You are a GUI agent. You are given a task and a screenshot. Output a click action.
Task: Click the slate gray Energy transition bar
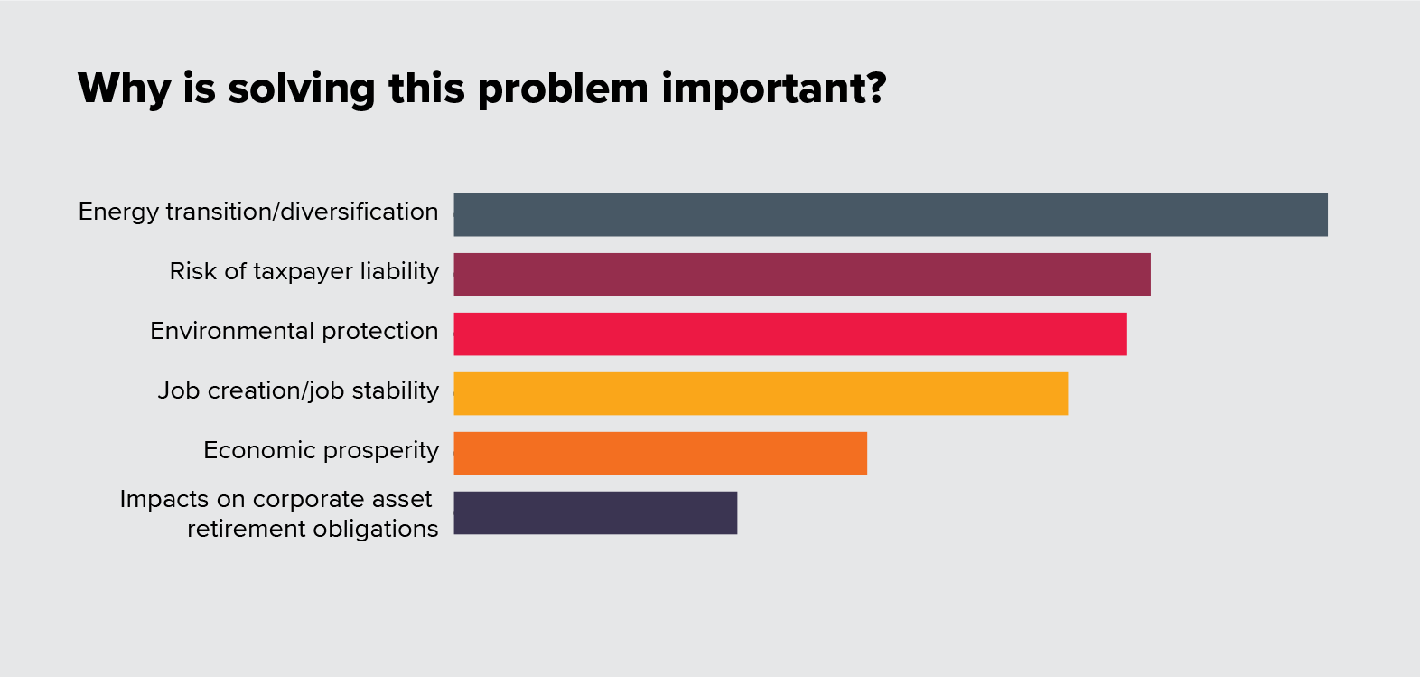pos(891,214)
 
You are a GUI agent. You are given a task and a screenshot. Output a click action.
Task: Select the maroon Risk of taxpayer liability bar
pos(802,274)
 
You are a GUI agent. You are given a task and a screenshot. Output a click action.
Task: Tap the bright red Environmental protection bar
pos(790,334)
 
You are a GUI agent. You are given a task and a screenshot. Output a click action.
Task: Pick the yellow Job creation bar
pos(761,393)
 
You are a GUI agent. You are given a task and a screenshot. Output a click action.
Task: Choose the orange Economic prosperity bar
pos(660,453)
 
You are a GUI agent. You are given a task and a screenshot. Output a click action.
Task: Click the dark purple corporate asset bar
pos(595,512)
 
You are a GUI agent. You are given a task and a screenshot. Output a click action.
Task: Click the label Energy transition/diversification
pos(258,212)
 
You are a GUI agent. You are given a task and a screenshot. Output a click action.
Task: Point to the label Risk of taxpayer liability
pos(304,271)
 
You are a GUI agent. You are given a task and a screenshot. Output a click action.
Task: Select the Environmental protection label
pos(294,331)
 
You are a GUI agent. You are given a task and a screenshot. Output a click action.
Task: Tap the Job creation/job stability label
pos(298,390)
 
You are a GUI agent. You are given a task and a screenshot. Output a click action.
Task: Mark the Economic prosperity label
pos(321,450)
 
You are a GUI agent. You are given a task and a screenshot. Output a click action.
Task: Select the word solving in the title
pos(301,89)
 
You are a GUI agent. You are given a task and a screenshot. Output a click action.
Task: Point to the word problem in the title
pos(563,89)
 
